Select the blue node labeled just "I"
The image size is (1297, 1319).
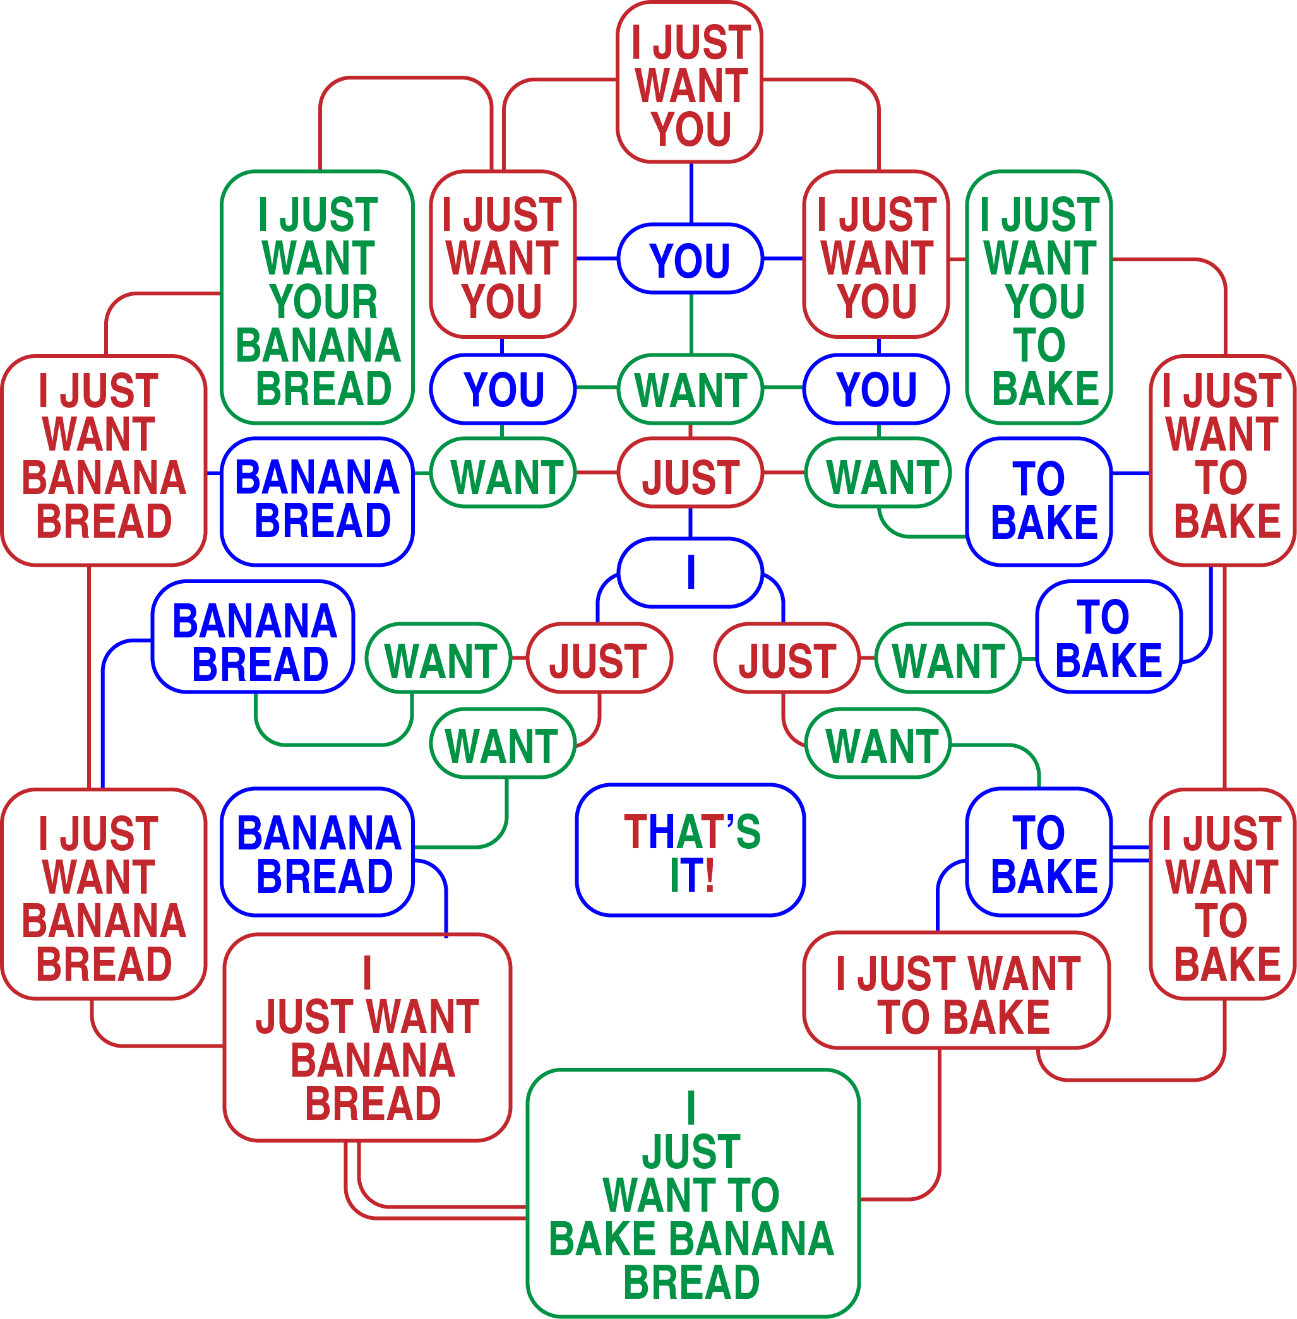(x=690, y=572)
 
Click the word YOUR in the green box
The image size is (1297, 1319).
(x=323, y=302)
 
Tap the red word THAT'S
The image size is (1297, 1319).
(x=691, y=832)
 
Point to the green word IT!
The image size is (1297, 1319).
(x=691, y=875)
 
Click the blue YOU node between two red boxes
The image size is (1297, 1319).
(x=690, y=259)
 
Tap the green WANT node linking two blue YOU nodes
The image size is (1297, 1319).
(x=690, y=389)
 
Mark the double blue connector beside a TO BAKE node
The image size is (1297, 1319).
(x=1130, y=854)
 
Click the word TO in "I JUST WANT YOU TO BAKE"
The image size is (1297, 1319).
(x=1039, y=345)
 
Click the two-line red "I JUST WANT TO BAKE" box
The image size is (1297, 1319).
(x=957, y=995)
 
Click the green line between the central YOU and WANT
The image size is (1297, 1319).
(x=691, y=324)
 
